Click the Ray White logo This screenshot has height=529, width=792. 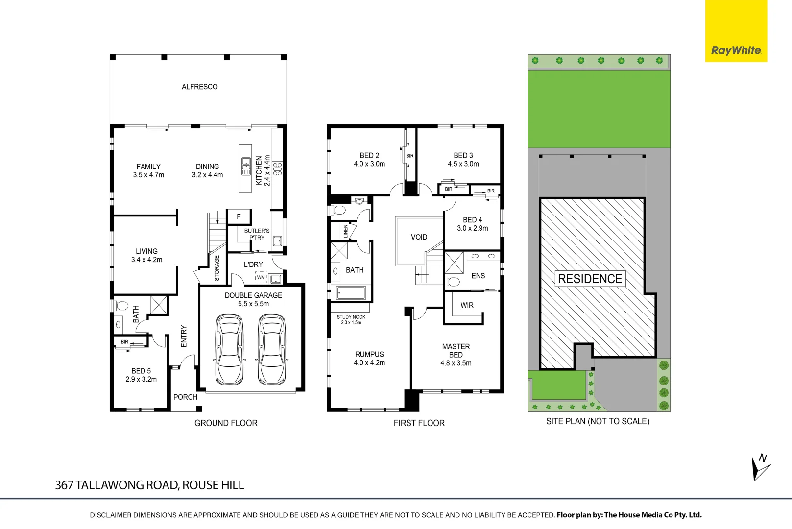(736, 50)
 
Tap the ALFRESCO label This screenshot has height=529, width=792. (199, 87)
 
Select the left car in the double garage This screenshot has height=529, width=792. (229, 349)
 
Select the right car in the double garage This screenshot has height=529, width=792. (272, 349)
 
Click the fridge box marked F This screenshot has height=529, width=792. (239, 216)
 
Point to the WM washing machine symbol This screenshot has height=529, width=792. (261, 277)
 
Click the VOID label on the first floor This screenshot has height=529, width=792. (419, 237)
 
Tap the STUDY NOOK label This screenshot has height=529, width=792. (351, 317)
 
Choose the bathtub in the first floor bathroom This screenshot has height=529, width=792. (351, 293)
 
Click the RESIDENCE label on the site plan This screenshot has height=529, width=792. (590, 279)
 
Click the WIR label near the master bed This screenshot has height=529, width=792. (467, 305)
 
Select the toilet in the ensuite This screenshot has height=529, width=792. (453, 282)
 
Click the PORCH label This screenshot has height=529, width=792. (185, 397)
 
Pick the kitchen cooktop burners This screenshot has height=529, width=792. (278, 169)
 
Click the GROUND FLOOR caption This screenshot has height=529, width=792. (226, 423)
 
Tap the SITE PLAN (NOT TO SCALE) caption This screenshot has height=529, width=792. (598, 421)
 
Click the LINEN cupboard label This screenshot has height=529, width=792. (346, 231)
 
